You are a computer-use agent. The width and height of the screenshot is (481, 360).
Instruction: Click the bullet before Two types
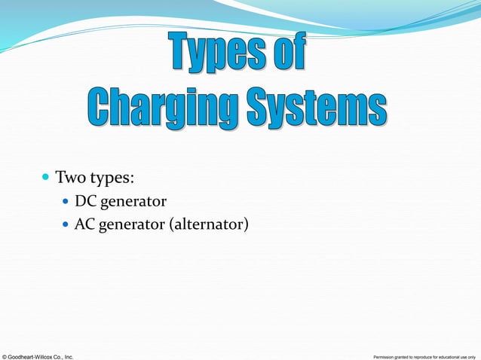tap(45, 179)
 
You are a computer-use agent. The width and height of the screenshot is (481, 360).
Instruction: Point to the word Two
tap(69, 179)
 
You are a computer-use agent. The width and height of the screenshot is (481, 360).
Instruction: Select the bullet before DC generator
tap(66, 203)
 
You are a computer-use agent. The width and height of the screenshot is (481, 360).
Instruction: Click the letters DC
tap(84, 202)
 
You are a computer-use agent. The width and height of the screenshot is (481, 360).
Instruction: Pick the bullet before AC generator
tap(66, 224)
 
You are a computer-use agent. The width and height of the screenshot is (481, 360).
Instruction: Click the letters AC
tap(84, 224)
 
